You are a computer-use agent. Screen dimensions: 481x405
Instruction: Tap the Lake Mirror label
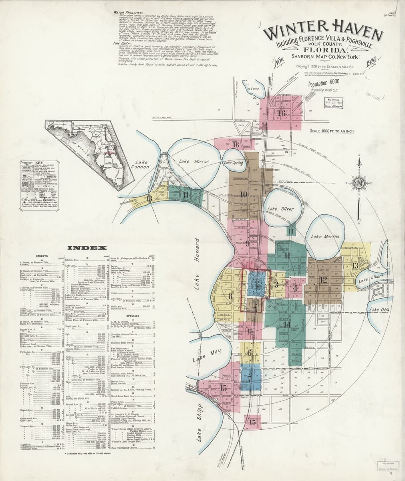(x=189, y=161)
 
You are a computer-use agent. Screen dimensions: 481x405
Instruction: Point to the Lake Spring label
(x=234, y=163)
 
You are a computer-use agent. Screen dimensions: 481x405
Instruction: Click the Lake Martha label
(x=325, y=237)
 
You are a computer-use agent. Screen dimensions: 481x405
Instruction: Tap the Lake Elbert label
(x=366, y=281)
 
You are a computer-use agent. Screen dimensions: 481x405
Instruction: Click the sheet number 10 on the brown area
(x=244, y=194)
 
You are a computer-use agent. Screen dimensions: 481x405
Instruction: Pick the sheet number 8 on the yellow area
(x=230, y=297)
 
